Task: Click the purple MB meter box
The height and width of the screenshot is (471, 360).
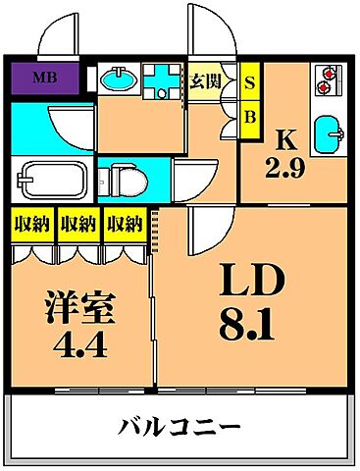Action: pyautogui.click(x=45, y=77)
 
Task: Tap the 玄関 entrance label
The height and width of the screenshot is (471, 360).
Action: pyautogui.click(x=204, y=80)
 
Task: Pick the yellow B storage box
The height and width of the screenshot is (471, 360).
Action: pyautogui.click(x=249, y=117)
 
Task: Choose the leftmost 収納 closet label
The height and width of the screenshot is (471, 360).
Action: pyautogui.click(x=31, y=225)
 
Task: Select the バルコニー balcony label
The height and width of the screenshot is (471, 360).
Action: pyautogui.click(x=180, y=428)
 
